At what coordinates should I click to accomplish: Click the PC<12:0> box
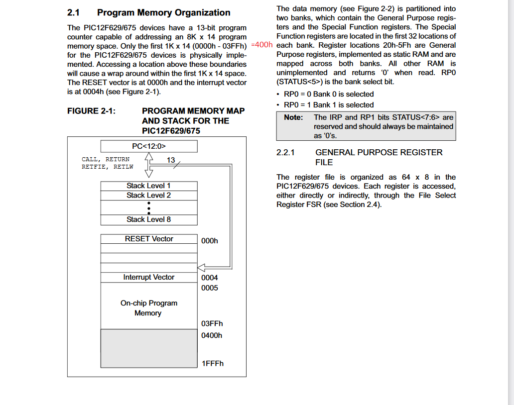pos(149,146)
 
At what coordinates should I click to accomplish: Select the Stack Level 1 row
pos(149,186)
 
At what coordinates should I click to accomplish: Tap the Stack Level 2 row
pos(149,196)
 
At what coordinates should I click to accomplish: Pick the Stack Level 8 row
pos(149,219)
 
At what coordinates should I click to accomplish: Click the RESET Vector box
pos(149,239)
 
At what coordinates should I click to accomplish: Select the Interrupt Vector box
pos(149,277)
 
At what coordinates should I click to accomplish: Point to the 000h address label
pos(210,241)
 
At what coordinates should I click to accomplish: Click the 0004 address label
pos(210,278)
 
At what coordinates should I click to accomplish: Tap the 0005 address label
pos(210,288)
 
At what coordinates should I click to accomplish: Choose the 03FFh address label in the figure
pos(212,323)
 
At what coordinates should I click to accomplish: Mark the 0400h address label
pos(212,335)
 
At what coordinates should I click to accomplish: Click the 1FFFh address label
pos(213,363)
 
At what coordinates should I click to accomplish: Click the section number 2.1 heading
pos(74,13)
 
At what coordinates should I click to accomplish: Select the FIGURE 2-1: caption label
pos(91,111)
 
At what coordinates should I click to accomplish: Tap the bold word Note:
pos(293,117)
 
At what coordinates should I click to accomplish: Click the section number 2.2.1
pos(285,153)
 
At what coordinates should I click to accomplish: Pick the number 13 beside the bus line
pos(171,160)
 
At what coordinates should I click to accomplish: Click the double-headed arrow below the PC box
pos(148,165)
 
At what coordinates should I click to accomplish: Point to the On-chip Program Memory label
pos(148,308)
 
